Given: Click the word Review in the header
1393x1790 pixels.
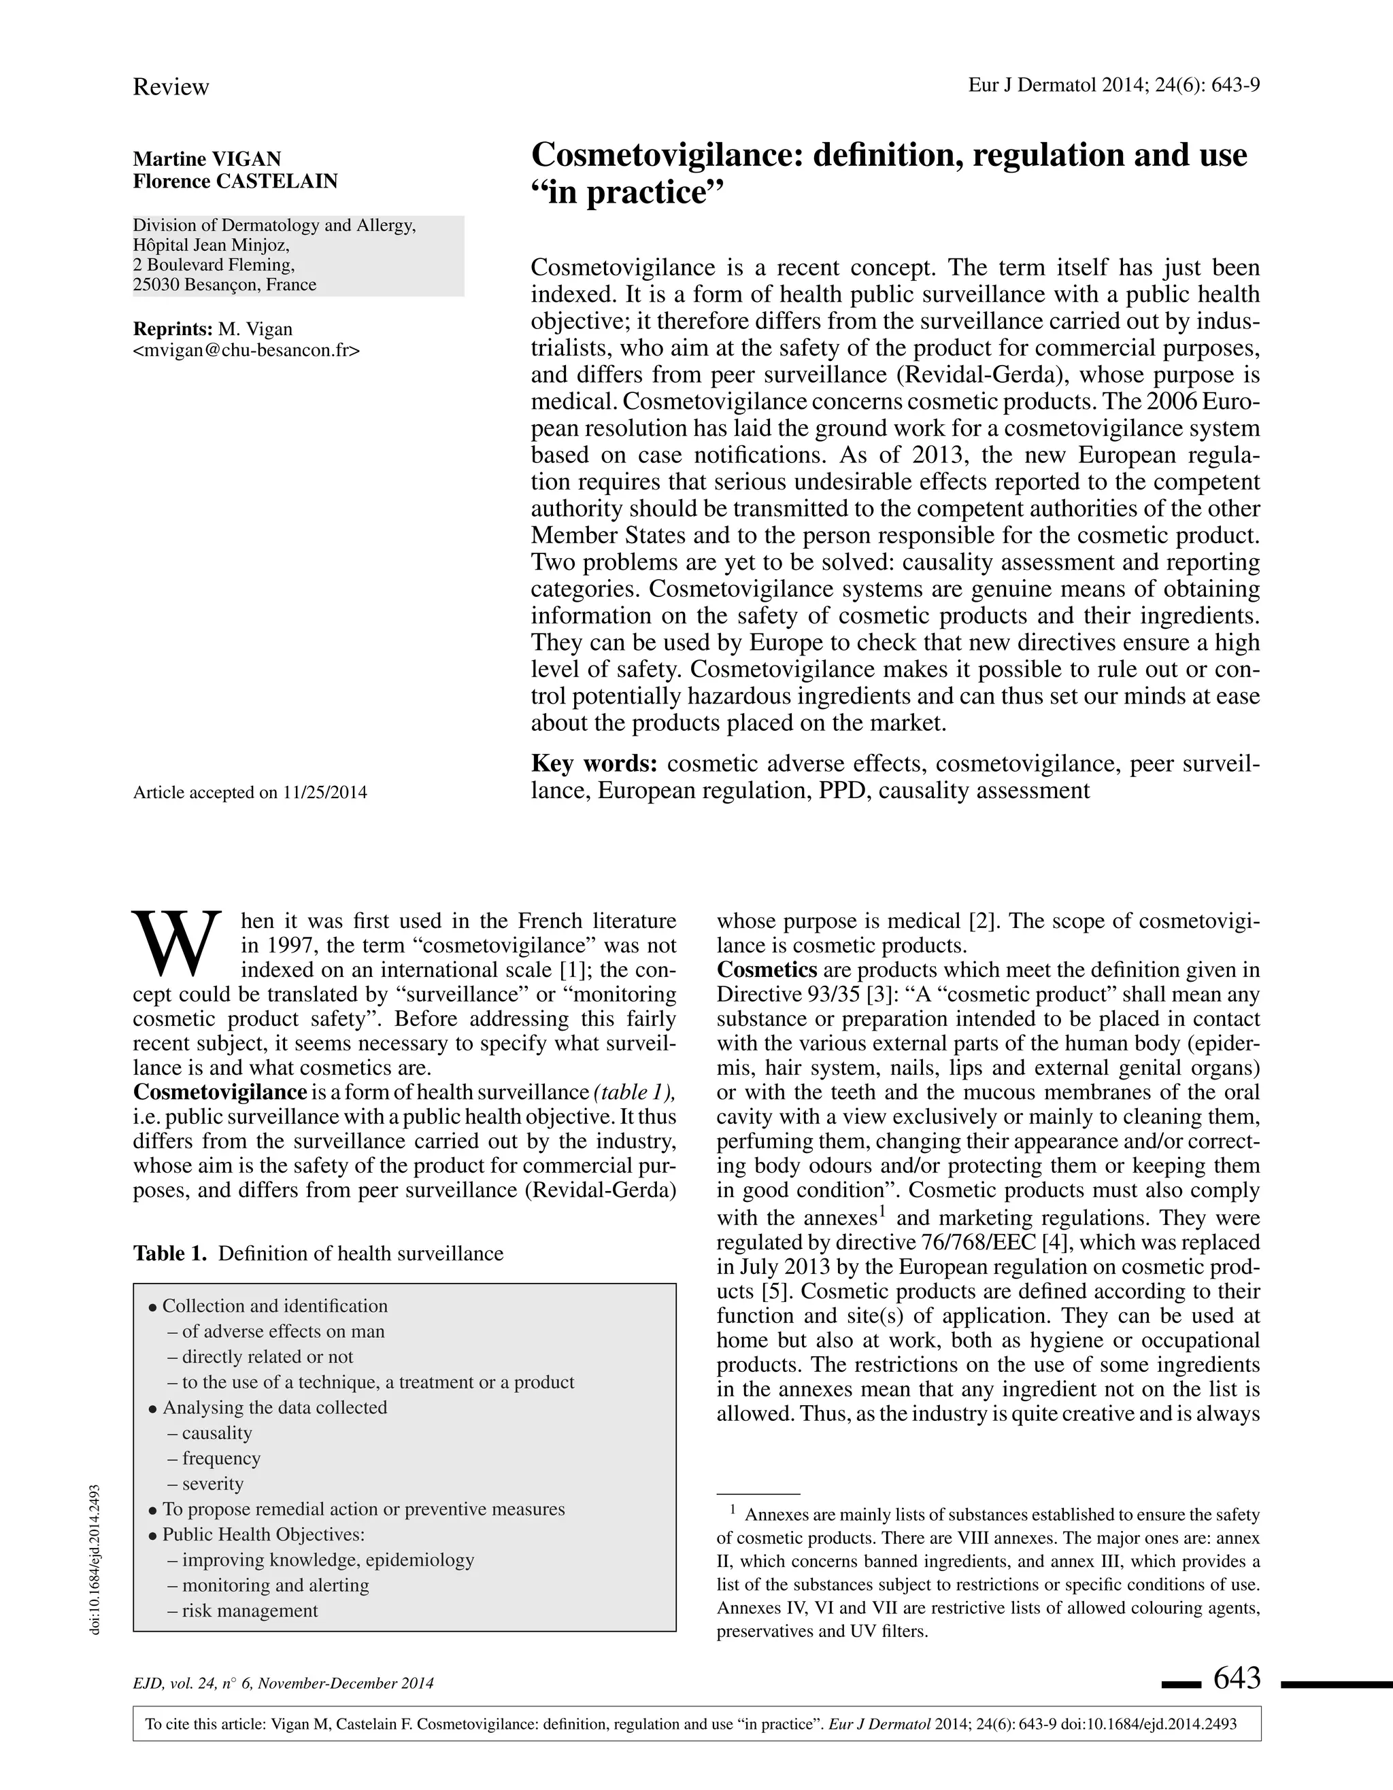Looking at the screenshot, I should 171,87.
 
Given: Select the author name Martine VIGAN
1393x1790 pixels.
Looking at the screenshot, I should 207,159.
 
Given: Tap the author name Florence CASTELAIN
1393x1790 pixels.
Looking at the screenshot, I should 235,181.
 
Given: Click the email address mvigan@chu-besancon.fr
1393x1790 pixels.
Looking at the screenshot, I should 246,351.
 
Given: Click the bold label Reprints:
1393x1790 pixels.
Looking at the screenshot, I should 173,330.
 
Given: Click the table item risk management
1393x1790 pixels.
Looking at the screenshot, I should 249,1611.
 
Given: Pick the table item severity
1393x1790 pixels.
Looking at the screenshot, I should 212,1483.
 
